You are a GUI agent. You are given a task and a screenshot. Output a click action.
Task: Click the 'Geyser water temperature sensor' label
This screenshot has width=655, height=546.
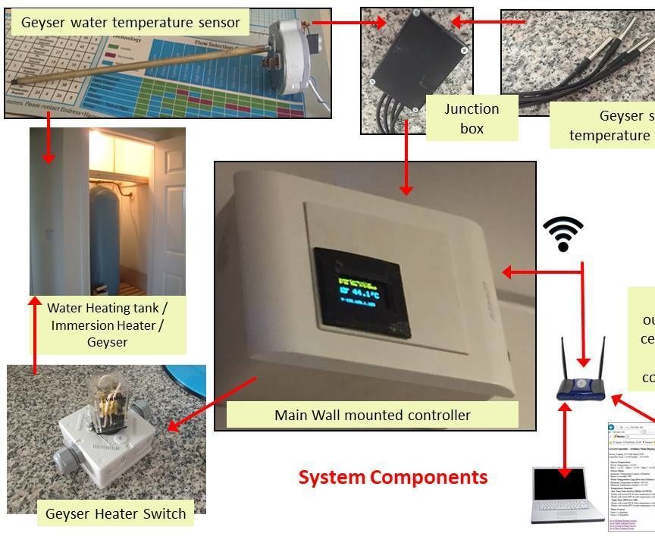pyautogui.click(x=130, y=23)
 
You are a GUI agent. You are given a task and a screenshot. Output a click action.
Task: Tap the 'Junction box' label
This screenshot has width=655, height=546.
pyautogui.click(x=472, y=118)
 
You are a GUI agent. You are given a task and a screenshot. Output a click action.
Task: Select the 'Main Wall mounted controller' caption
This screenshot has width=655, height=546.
pyautogui.click(x=372, y=415)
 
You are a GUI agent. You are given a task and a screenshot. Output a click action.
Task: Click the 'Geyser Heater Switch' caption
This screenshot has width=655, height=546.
pyautogui.click(x=115, y=513)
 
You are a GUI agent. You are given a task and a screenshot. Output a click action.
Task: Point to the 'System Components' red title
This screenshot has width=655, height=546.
pyautogui.click(x=393, y=477)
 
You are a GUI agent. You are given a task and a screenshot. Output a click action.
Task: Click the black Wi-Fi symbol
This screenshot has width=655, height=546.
pyautogui.click(x=563, y=234)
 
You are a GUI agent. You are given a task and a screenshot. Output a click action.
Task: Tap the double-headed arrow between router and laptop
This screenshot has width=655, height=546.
pyautogui.click(x=564, y=441)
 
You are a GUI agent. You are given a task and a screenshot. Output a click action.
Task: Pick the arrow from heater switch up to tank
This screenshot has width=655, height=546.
pyautogui.click(x=33, y=334)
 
